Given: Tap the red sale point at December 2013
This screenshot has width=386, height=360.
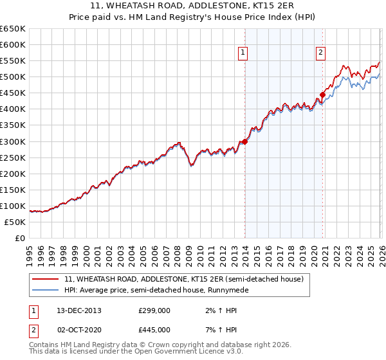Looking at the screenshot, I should (x=245, y=142).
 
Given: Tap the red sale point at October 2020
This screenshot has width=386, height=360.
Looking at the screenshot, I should (x=322, y=94).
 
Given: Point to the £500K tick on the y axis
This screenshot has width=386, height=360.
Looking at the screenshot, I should (x=13, y=77).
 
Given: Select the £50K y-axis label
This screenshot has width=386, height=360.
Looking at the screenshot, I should (x=15, y=222).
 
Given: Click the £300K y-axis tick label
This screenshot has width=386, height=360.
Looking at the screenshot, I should (x=13, y=141).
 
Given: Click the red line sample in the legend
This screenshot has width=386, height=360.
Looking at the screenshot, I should (x=46, y=279).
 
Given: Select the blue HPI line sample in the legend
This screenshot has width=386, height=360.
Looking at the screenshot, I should (x=46, y=290).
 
